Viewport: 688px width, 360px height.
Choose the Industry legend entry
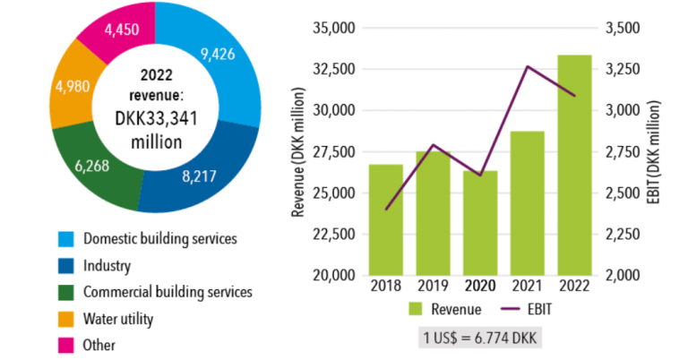tap(107, 265)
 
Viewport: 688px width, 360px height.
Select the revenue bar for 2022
tap(574, 165)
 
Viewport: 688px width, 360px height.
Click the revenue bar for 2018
tap(385, 219)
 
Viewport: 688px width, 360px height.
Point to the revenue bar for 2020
tap(480, 223)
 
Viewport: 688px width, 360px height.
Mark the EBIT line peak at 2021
tap(528, 67)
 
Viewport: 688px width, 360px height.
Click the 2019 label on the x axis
tap(433, 286)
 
